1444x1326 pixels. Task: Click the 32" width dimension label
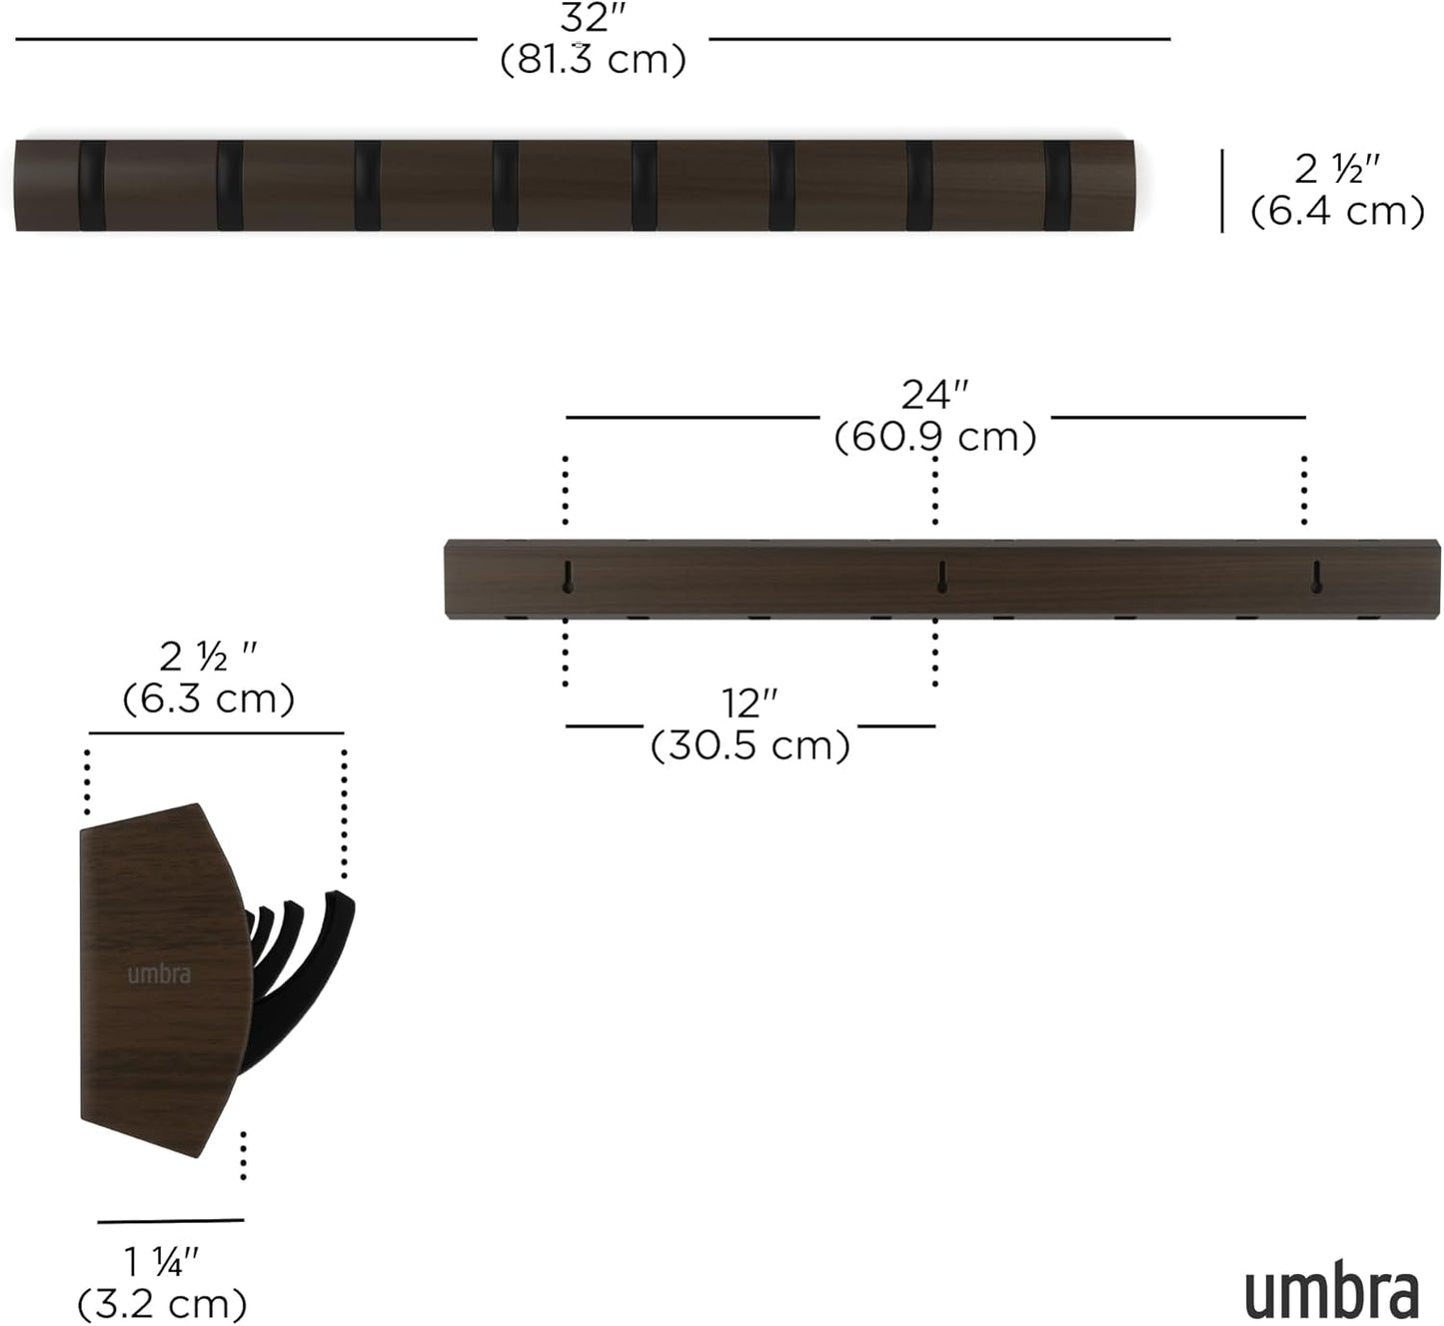[593, 18]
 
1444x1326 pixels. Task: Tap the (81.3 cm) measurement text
[593, 60]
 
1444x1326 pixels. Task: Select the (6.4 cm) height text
[1337, 211]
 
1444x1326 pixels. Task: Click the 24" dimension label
[935, 395]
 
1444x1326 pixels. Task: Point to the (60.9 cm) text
[935, 437]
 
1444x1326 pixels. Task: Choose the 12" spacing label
[749, 703]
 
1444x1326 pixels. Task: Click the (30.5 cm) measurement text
[749, 745]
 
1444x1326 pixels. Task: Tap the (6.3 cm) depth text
[208, 697]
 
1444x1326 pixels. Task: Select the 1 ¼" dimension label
[162, 1262]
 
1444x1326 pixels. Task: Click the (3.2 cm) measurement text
[162, 1303]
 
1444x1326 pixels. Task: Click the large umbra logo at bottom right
[1331, 1294]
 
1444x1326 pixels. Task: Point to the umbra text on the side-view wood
[159, 974]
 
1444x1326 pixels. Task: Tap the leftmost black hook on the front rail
[92, 186]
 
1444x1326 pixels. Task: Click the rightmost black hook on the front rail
[1056, 186]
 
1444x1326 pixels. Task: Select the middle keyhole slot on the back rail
[941, 577]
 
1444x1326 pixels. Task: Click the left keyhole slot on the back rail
[568, 577]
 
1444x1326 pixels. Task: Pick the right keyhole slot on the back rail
[1316, 577]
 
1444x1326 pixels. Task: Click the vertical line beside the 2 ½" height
[1222, 191]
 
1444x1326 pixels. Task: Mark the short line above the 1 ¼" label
[170, 1220]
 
